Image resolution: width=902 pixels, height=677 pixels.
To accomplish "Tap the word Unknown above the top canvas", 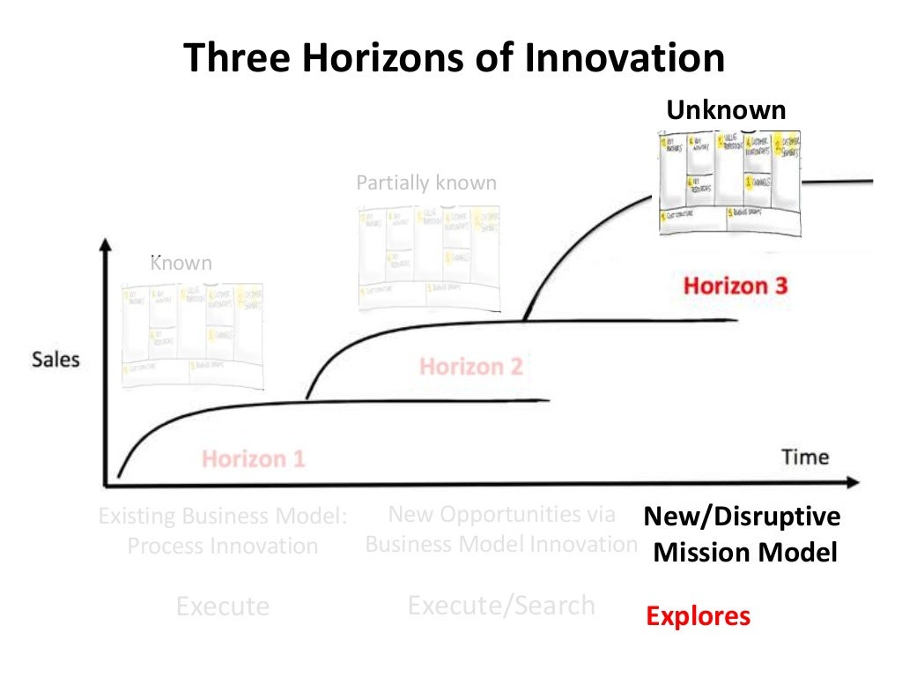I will pyautogui.click(x=726, y=110).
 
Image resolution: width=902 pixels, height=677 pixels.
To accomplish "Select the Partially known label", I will pyautogui.click(x=426, y=183).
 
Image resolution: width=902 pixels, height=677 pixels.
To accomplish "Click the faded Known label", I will pyautogui.click(x=181, y=263).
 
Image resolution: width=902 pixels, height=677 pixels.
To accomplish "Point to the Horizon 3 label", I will pyautogui.click(x=736, y=286).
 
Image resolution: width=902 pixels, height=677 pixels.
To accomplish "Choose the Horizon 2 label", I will pyautogui.click(x=471, y=366).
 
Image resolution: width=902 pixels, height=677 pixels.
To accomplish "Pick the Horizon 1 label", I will pyautogui.click(x=254, y=458).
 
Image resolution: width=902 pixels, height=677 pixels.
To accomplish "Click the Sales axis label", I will pyautogui.click(x=55, y=360).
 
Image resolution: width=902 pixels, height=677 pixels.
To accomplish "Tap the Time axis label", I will pyautogui.click(x=805, y=457).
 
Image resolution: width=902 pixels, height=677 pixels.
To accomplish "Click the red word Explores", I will pyautogui.click(x=698, y=615).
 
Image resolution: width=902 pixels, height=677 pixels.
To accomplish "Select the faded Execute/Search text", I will pyautogui.click(x=501, y=606).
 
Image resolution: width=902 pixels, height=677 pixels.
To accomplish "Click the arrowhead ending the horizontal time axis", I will pyautogui.click(x=852, y=483).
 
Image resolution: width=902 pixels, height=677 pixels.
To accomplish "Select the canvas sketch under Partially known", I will pyautogui.click(x=427, y=257).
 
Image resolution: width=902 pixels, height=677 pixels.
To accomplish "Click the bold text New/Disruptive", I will pyautogui.click(x=742, y=517).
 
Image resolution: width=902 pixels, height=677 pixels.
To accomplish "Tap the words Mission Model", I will pyautogui.click(x=744, y=553).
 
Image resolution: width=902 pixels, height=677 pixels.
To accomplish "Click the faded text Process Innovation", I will pyautogui.click(x=222, y=546).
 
